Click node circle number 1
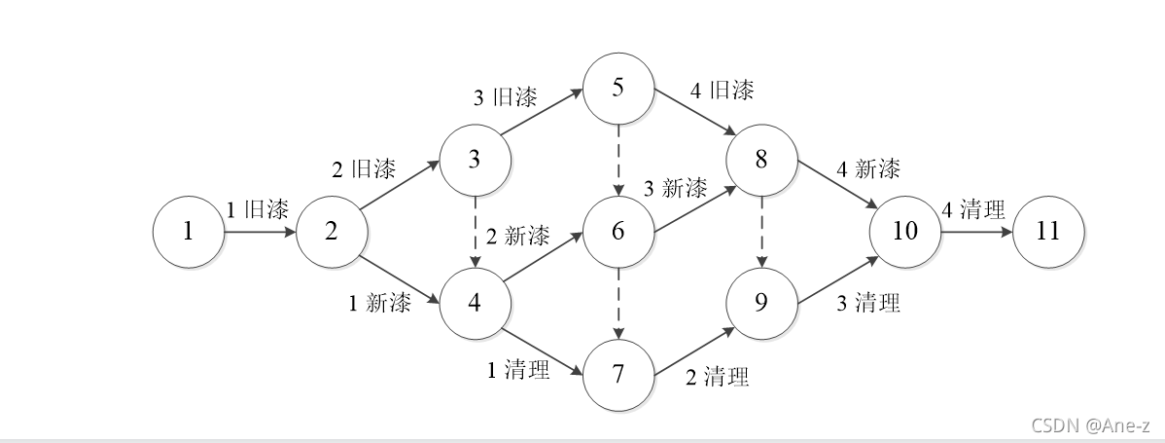[x=188, y=232]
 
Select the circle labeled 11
[x=1048, y=232]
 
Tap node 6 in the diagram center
[x=618, y=232]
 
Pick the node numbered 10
[x=904, y=232]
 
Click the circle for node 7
[x=618, y=374]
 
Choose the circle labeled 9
[x=761, y=303]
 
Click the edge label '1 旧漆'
[x=257, y=209]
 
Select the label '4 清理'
[x=972, y=209]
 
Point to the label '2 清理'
[x=718, y=377]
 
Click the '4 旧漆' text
[x=722, y=91]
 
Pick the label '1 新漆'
[x=380, y=303]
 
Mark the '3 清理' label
[x=868, y=303]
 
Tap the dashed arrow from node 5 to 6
[x=618, y=161]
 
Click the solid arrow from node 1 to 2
[x=260, y=233]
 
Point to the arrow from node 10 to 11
[x=976, y=233]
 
